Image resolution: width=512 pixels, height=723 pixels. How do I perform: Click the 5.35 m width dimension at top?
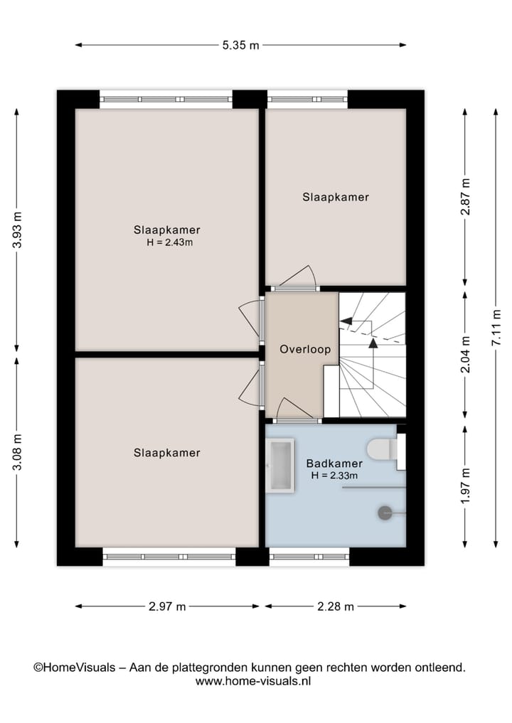click(240, 45)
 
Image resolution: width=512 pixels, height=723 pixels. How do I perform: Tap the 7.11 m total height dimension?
click(496, 328)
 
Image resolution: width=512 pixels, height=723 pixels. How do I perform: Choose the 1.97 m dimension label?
click(465, 487)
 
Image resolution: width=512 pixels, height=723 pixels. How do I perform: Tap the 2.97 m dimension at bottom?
click(167, 606)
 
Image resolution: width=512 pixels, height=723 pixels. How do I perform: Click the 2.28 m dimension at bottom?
click(335, 606)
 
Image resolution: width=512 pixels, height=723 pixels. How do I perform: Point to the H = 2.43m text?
click(169, 242)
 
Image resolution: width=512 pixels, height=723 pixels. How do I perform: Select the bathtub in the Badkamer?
click(279, 466)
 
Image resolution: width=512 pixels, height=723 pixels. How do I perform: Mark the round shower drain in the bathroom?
click(385, 511)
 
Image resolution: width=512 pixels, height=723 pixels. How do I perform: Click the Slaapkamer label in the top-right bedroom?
click(336, 197)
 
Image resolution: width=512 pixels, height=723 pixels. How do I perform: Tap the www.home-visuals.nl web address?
click(253, 680)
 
